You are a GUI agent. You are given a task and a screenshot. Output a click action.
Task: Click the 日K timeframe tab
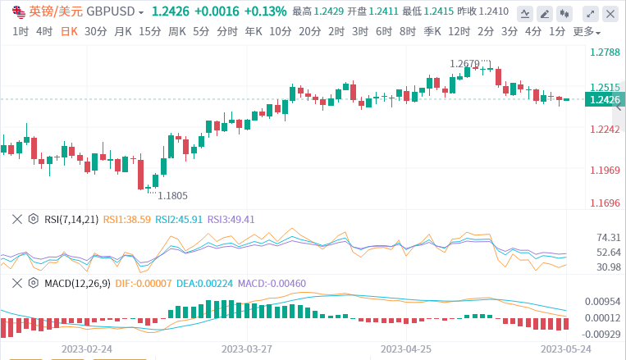(69, 31)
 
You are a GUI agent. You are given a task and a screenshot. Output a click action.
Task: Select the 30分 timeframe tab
(95, 31)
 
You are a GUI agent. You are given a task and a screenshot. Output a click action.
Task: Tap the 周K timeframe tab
(177, 31)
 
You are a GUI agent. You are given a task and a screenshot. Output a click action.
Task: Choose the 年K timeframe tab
(254, 31)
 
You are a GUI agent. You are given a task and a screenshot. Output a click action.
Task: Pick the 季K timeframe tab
(432, 31)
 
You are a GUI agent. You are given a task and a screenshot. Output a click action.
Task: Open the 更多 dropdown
(586, 31)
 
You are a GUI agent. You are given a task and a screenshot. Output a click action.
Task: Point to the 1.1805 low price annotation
(172, 195)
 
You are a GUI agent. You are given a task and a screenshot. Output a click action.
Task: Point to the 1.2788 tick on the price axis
(605, 52)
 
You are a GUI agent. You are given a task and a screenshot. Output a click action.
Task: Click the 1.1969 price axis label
(605, 171)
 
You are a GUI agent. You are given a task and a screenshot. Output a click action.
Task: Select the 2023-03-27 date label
(248, 349)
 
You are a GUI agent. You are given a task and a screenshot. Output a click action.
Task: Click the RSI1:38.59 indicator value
(127, 219)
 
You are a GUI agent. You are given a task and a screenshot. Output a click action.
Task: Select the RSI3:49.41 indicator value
(231, 219)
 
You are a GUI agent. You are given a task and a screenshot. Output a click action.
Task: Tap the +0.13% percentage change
(265, 11)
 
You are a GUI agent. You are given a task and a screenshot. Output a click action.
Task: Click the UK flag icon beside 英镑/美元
(18, 11)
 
